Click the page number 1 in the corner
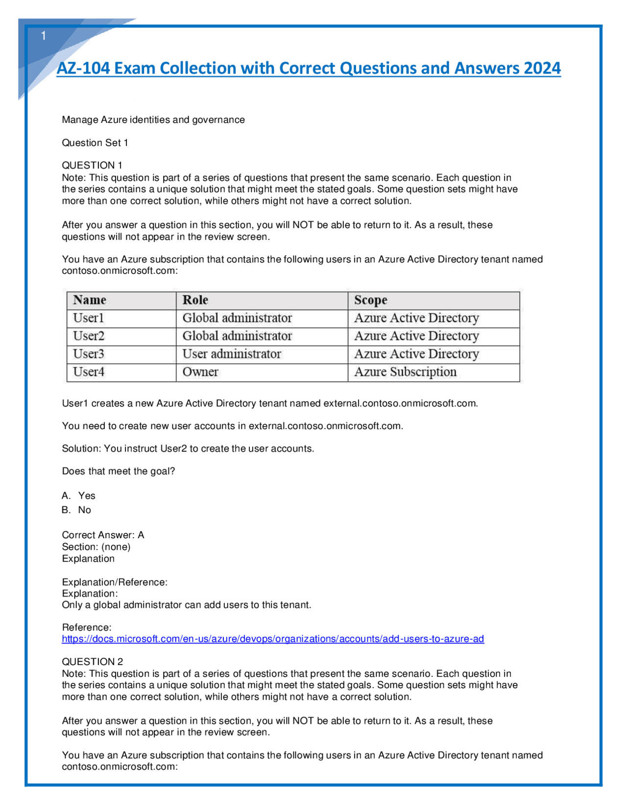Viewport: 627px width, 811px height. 44,36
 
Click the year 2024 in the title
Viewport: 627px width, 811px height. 542,68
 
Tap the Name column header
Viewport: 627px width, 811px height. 90,300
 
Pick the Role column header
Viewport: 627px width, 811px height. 195,300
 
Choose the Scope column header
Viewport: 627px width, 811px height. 370,300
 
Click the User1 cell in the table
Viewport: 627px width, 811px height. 89,318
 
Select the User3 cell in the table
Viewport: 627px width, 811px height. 89,354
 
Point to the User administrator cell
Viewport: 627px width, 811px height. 232,354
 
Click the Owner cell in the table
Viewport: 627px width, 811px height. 200,372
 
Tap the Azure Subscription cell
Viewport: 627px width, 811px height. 405,372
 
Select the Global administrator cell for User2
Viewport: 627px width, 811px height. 237,336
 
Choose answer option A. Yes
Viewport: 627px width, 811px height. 79,496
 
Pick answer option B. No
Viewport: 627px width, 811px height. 77,510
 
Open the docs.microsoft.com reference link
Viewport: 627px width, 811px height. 273,639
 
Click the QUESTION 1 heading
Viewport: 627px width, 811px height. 92,165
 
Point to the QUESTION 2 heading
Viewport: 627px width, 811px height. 93,662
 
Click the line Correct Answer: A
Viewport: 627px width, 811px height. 103,535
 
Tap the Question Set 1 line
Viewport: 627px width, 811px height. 95,143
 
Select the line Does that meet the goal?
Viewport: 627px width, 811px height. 118,471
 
